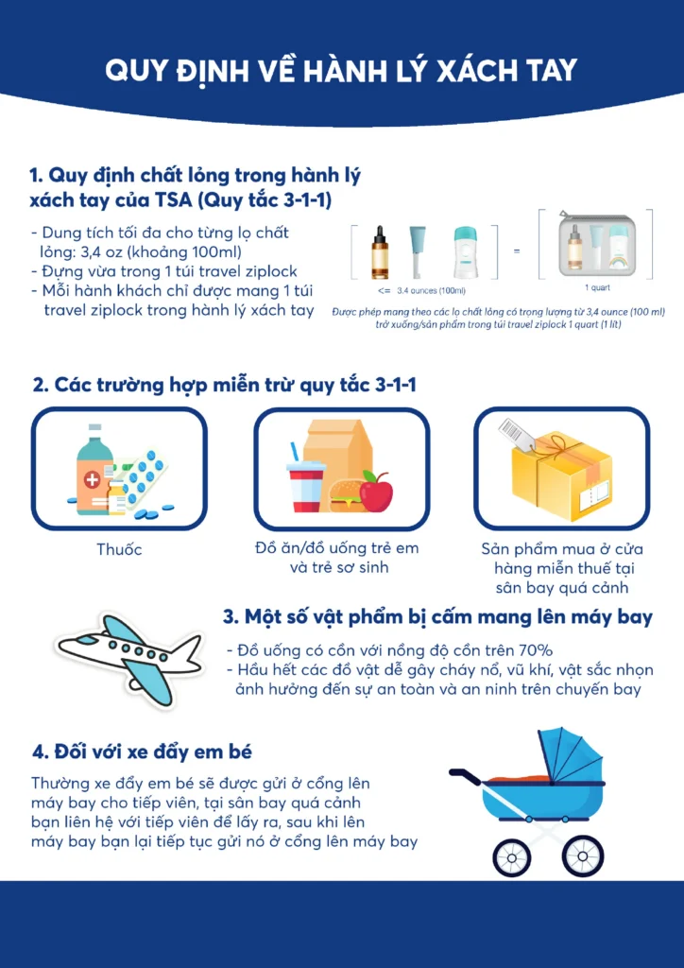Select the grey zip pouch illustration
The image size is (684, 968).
click(x=595, y=245)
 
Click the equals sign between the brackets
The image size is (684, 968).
click(x=516, y=251)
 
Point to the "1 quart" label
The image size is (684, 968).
click(x=597, y=288)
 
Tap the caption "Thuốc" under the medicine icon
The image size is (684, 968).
click(x=119, y=549)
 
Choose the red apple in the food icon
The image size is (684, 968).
click(x=376, y=492)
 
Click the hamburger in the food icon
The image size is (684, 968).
click(x=346, y=496)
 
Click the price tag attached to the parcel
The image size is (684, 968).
click(x=514, y=431)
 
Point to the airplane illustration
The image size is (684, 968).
click(x=129, y=659)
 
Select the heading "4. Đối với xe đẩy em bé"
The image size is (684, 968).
click(x=142, y=752)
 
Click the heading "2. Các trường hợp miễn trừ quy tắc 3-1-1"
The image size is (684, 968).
click(x=225, y=386)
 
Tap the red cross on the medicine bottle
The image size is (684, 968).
click(x=92, y=480)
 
